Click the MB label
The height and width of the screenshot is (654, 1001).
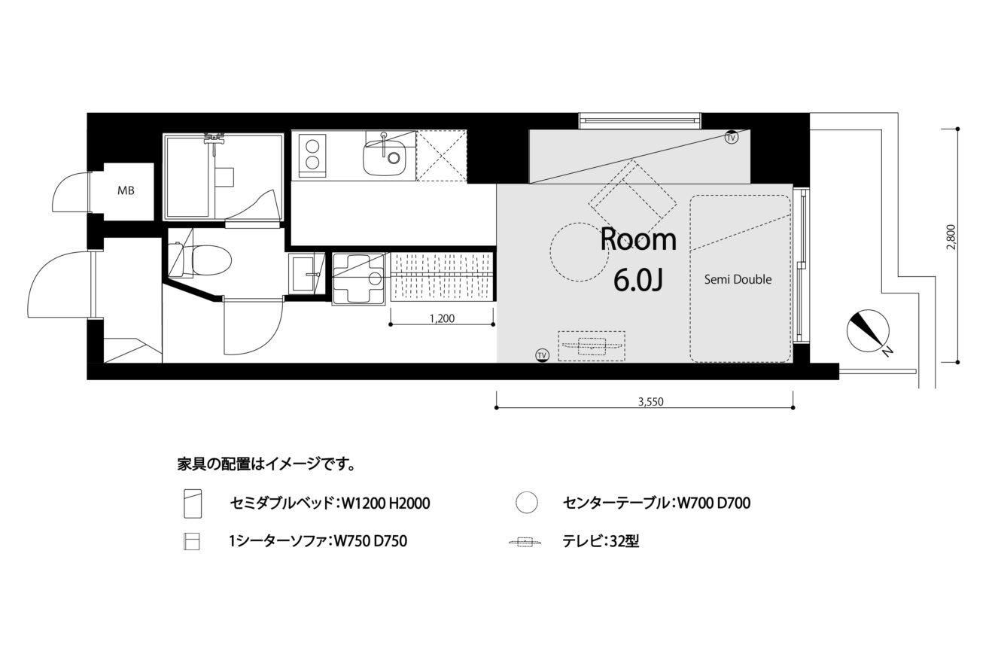126,190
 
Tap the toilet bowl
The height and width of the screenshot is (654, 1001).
211,261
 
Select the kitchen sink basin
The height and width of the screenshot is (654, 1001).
385,157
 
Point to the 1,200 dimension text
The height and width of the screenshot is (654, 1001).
442,318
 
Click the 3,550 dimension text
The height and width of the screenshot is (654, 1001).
650,402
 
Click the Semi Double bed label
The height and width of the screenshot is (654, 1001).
738,280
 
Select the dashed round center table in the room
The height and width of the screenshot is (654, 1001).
580,252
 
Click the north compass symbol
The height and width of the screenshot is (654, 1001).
868,331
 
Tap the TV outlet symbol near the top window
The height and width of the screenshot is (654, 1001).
731,137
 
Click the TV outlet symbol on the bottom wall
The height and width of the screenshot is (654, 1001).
542,355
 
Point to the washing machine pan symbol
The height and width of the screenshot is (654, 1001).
358,278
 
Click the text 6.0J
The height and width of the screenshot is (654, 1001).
637,280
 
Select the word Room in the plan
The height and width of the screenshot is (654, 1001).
638,239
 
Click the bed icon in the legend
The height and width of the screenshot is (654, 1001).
193,503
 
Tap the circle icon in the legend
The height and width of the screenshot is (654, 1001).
526,503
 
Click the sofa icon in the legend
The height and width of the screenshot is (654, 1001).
191,541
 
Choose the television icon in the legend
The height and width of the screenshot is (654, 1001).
525,543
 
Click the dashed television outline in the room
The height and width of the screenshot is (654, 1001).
592,345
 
